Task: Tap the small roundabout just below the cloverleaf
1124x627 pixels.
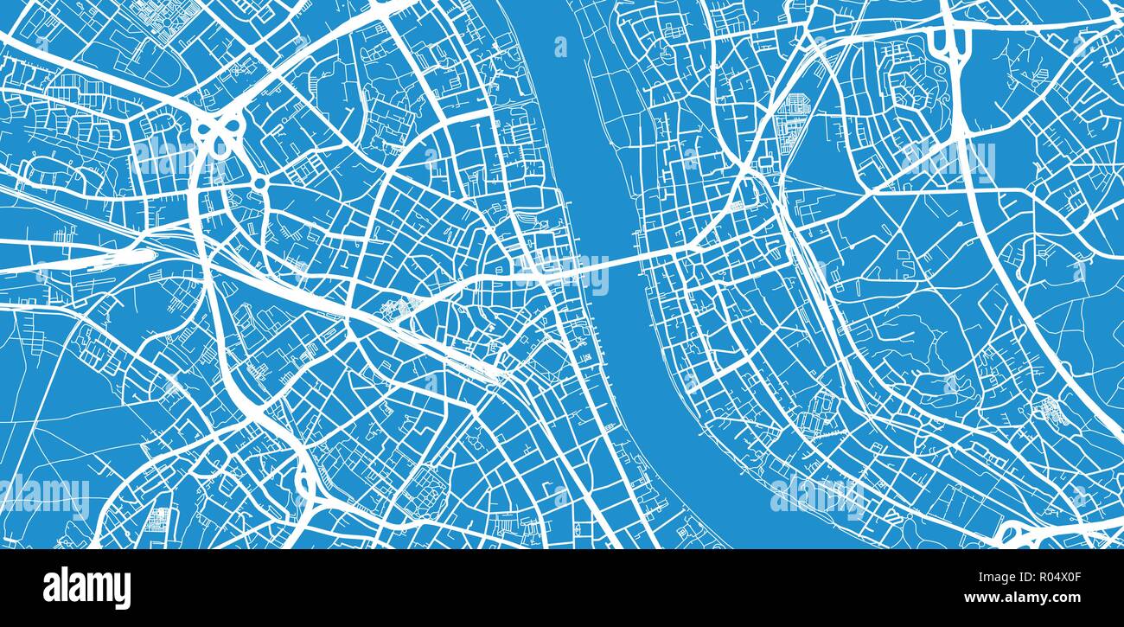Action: point(259,183)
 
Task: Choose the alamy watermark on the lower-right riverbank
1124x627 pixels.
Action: point(816,495)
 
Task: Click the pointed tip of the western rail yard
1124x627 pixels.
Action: point(153,255)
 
